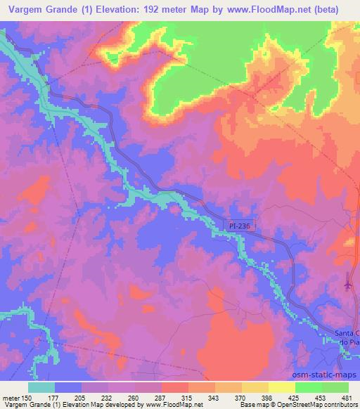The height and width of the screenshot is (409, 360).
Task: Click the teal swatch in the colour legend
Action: (x=41, y=387)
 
